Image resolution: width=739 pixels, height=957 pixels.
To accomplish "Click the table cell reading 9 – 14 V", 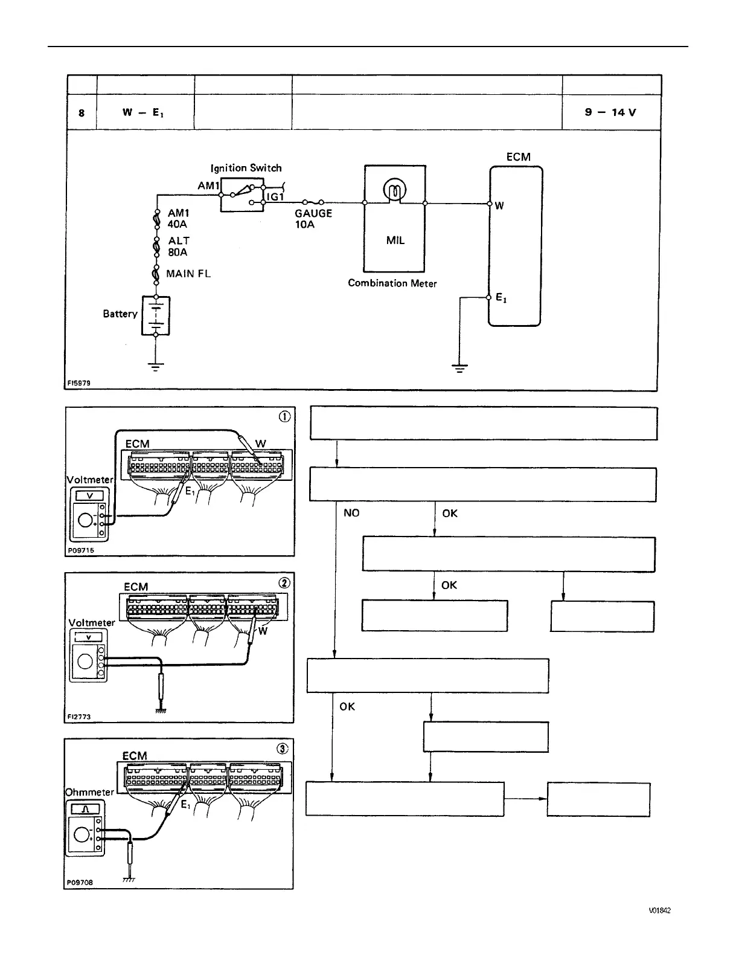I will (610, 112).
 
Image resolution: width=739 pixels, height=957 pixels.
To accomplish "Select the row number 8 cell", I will (82, 113).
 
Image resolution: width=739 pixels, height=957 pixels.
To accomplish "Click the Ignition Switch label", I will (246, 168).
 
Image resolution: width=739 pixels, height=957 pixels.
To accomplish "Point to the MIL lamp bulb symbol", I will (394, 193).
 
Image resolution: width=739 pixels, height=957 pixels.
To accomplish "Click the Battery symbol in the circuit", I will (155, 315).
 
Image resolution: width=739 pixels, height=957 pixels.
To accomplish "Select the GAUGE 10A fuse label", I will (313, 219).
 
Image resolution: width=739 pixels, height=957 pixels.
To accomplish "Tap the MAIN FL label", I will (188, 274).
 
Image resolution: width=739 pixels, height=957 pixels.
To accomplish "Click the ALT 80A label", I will (179, 246).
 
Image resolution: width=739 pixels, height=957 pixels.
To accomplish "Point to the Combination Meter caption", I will (392, 283).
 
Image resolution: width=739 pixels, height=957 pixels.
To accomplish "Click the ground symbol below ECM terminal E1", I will (459, 367).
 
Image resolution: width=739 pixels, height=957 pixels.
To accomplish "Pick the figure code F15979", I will (79, 383).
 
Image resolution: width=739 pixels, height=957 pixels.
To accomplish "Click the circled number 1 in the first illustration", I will (284, 416).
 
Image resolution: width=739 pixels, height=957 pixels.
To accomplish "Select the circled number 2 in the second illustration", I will (284, 582).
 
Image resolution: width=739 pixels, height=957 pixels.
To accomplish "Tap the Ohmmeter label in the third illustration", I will (89, 792).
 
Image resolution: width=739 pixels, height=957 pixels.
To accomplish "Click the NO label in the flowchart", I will (351, 513).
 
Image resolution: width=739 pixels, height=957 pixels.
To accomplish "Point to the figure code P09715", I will (81, 550).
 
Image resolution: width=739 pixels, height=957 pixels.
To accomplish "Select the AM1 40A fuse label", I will (179, 219).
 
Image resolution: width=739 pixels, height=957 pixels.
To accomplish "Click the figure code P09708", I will (80, 882).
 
